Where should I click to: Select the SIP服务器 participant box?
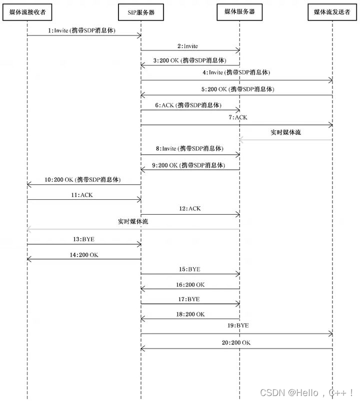click(x=140, y=12)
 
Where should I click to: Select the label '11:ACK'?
click(x=83, y=195)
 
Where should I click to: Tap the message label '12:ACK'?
click(x=190, y=209)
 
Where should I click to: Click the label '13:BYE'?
click(x=83, y=239)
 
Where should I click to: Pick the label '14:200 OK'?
click(x=83, y=254)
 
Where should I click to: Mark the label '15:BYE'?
click(x=190, y=269)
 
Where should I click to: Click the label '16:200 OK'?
click(x=190, y=284)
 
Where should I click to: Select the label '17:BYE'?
click(x=190, y=299)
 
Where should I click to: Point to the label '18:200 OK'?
click(x=190, y=314)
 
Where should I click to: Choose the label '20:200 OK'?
click(x=236, y=343)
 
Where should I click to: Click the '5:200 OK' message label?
click(x=237, y=89)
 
